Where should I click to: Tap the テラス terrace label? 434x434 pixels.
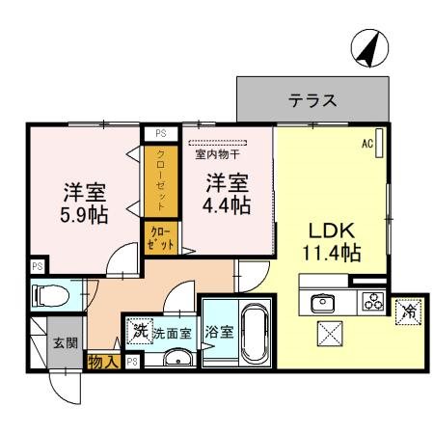tap(312, 100)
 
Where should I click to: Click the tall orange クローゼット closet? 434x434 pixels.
tap(161, 180)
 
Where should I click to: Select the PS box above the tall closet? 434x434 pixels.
tap(160, 135)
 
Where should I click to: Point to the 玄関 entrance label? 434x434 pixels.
tap(64, 342)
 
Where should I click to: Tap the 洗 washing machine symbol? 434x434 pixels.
tap(141, 330)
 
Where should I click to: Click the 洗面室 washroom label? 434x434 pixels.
tap(175, 333)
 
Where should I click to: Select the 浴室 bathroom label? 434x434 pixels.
tap(219, 333)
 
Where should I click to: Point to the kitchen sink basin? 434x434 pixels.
tap(321, 302)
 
